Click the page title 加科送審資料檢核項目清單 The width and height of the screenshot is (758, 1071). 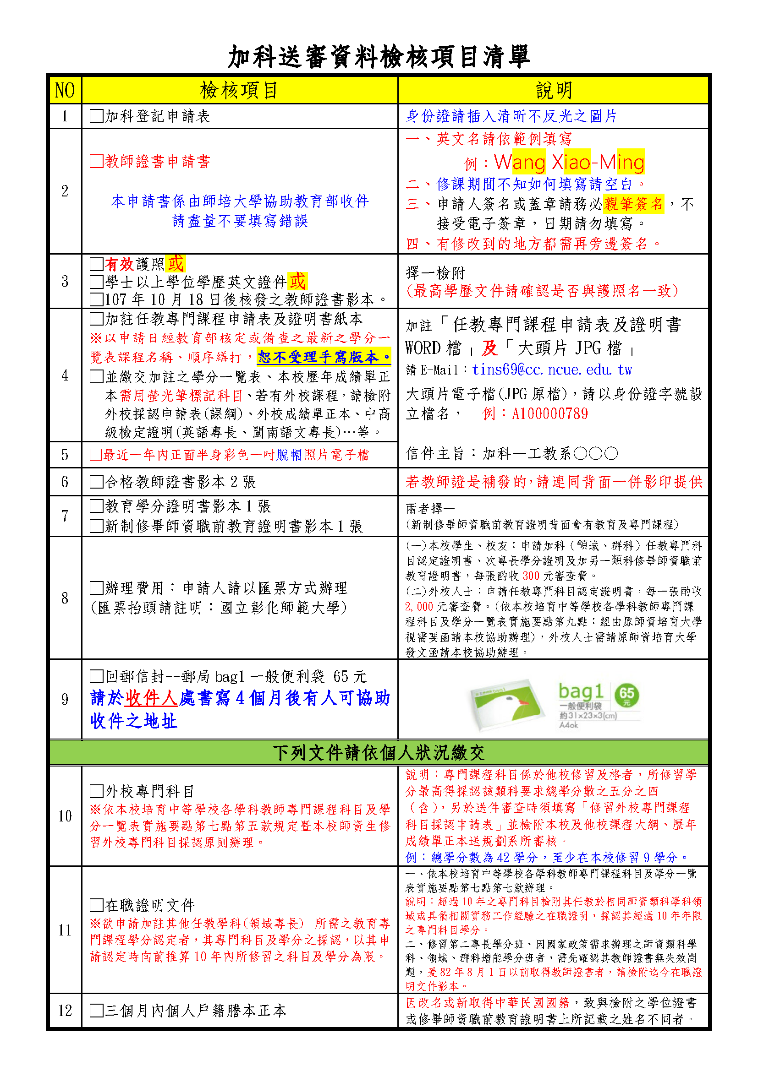(379, 57)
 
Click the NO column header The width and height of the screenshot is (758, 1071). (65, 91)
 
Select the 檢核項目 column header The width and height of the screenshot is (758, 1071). (239, 91)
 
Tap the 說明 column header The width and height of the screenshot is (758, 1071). (553, 91)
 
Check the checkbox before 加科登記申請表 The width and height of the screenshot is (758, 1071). (97, 116)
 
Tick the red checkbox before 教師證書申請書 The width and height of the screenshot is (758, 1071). (97, 161)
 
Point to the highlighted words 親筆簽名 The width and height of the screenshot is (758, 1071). (633, 204)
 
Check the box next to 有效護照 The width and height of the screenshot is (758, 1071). (97, 265)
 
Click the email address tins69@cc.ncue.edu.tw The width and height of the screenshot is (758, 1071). (552, 370)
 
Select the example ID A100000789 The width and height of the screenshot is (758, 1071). (550, 414)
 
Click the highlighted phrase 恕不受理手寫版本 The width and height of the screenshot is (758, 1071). (324, 357)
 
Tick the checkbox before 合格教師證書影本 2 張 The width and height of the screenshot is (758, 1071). (97, 482)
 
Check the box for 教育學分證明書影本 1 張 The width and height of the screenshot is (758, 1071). (97, 506)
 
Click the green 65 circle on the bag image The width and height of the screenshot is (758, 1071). (627, 695)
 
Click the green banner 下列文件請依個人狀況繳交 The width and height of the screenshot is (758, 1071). (379, 753)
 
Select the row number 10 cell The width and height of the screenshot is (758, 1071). (65, 816)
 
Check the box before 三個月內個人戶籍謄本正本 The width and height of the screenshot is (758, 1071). (97, 1011)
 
